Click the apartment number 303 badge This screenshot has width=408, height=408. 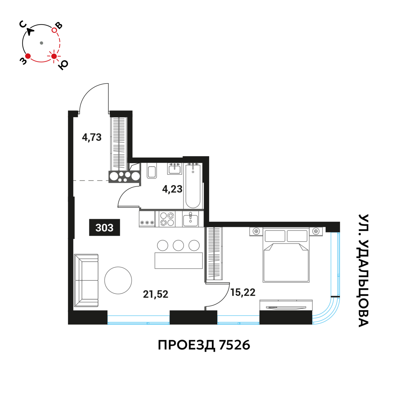pos(104,227)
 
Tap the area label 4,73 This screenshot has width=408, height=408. pos(92,137)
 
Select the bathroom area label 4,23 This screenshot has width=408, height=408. pos(172,189)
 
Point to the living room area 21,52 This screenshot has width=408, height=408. pos(156,294)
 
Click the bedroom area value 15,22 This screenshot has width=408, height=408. pos(243,292)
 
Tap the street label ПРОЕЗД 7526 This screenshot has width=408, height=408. pos(204,345)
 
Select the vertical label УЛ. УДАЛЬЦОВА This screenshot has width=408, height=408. pos(363,271)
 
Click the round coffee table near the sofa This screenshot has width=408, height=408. pos(118,280)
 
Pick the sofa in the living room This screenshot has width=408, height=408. pos(86,280)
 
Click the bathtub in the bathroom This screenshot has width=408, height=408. pos(193,186)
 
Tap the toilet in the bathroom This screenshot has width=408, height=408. pos(152,171)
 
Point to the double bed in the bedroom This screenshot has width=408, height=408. pos(286,255)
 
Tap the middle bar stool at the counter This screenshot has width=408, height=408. pos(178,246)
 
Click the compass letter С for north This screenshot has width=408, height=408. pos(23,24)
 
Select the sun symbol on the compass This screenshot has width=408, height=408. pos(54,56)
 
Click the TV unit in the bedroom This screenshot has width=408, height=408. pos(286,305)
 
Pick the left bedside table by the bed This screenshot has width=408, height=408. pos(256,231)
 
